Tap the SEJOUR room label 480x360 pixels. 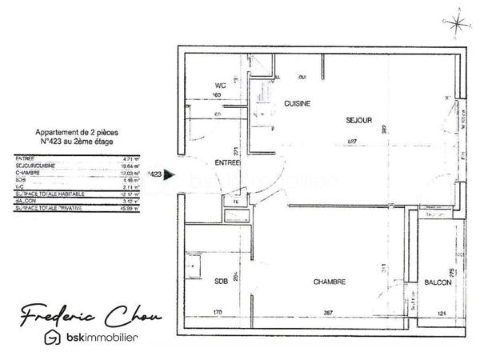(x=359, y=121)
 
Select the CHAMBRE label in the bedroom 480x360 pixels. (x=330, y=282)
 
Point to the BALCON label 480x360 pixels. (x=436, y=282)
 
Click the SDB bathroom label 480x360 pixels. (x=221, y=282)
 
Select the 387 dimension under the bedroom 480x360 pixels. (x=328, y=312)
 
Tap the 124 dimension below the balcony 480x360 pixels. (x=441, y=312)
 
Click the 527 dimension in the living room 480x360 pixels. (x=351, y=142)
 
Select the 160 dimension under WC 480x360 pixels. (x=216, y=95)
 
